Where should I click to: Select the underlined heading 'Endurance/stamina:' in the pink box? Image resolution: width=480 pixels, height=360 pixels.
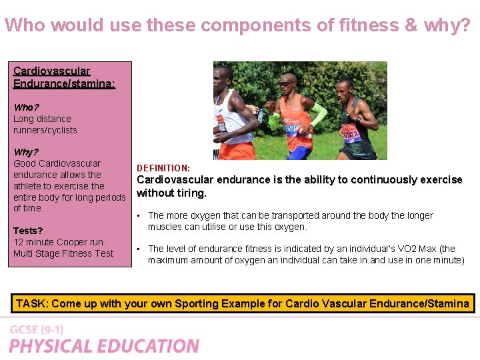64,83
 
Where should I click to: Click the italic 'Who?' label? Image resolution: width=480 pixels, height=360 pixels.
26,107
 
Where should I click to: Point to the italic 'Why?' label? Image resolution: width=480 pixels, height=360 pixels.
26,152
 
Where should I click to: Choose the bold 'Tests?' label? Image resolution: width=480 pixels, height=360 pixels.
28,231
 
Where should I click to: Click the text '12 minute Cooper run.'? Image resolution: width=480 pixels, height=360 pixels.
59,242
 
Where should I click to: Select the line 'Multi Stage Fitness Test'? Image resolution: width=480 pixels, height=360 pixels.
63,253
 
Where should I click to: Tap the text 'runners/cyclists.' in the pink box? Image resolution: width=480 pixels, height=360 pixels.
47,130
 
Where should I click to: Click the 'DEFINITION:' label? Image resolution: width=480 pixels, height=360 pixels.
163,168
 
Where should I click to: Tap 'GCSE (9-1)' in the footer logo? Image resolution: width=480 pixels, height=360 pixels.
37,330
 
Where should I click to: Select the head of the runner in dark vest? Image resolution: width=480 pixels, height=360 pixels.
345,89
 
